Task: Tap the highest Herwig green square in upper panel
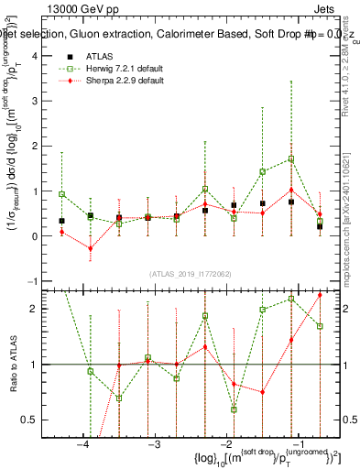[x=291, y=158]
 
